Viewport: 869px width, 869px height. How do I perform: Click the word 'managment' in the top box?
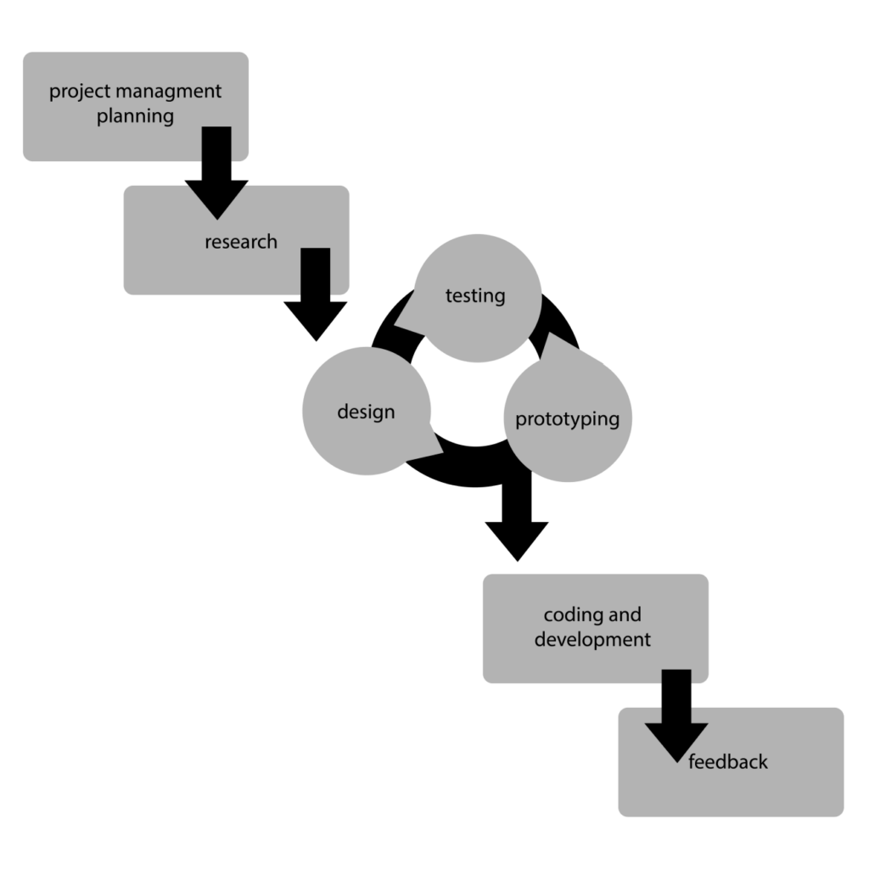(x=167, y=92)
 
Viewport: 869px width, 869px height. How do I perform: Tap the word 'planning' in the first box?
(x=135, y=117)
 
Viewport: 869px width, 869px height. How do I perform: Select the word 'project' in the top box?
(x=79, y=92)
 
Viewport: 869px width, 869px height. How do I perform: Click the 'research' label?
(x=241, y=242)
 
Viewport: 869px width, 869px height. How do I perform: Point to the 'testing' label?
(x=475, y=295)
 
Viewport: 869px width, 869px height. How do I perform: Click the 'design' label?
(x=366, y=412)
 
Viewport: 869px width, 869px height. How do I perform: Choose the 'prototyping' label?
(x=568, y=419)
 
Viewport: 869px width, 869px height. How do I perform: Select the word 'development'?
(x=592, y=639)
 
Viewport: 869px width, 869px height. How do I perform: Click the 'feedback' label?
(x=728, y=761)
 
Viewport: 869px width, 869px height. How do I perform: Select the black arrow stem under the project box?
(x=216, y=144)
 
